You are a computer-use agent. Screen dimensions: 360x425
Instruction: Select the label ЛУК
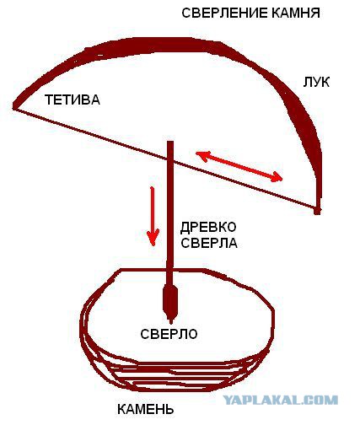coord(316,82)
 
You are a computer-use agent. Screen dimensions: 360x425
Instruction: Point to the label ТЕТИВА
coord(73,100)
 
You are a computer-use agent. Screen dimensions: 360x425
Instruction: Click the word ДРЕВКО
coord(208,227)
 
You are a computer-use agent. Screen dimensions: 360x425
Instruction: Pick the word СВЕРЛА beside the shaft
coord(209,243)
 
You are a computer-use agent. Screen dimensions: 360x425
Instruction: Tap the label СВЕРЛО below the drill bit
coord(169,334)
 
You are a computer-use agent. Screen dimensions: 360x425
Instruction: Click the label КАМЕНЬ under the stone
coord(145,410)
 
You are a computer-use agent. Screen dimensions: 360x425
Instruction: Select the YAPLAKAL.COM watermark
coord(281,400)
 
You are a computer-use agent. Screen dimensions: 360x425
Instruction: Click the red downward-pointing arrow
coord(153,216)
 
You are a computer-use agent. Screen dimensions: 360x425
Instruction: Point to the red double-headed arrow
coord(239,166)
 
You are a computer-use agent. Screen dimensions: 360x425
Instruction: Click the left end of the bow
coord(15,106)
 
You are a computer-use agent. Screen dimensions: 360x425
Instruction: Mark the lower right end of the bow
coord(317,211)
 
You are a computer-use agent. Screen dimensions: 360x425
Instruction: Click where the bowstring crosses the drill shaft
coord(170,160)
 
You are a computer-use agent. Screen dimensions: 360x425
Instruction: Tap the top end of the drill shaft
coord(170,142)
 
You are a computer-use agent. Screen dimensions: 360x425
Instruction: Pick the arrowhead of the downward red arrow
coord(153,238)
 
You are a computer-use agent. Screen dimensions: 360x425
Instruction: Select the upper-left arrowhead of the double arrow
coord(201,155)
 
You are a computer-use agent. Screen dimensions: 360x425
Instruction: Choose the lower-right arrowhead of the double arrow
coord(277,177)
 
